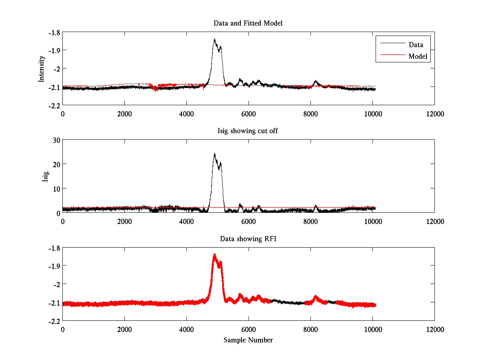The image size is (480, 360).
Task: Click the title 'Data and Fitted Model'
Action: [x=248, y=23]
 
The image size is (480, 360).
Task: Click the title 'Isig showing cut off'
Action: [x=248, y=131]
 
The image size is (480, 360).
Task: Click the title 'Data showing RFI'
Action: [x=248, y=239]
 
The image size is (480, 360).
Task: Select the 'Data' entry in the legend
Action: [x=416, y=44]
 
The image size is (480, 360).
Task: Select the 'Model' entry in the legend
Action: [x=418, y=56]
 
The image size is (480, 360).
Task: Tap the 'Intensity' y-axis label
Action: [x=41, y=69]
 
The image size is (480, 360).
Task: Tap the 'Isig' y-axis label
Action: [x=45, y=176]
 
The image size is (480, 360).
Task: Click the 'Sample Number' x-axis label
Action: [x=248, y=340]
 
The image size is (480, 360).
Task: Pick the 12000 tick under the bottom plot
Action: [x=434, y=329]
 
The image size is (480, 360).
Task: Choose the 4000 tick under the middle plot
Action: [x=186, y=221]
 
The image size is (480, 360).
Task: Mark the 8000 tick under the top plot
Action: [x=310, y=114]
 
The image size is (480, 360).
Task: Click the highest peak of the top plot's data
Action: [x=215, y=39]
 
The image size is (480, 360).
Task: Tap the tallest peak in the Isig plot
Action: [x=215, y=154]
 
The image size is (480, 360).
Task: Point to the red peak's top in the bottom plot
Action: [x=215, y=254]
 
